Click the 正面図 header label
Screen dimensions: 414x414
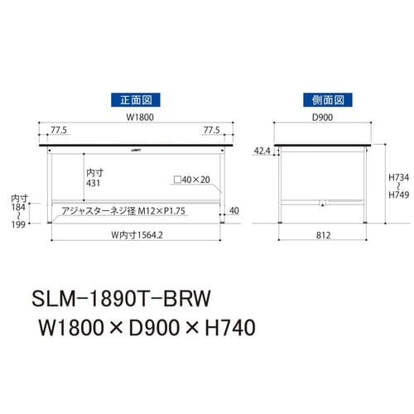136,99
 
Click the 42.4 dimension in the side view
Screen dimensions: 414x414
262,151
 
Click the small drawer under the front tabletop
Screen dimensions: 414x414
136,149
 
